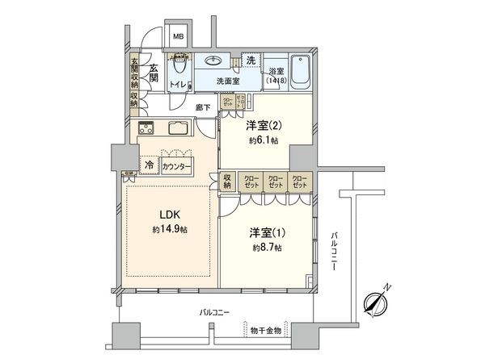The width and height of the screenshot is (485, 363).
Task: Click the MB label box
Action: [x=177, y=36]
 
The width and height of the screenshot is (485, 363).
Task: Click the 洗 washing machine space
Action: [x=251, y=61]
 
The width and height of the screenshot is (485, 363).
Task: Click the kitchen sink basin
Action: [x=179, y=128]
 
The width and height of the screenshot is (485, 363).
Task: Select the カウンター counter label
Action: [x=176, y=166]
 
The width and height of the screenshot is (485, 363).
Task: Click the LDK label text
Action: [x=169, y=215]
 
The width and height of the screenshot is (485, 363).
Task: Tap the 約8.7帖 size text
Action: [x=266, y=247]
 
